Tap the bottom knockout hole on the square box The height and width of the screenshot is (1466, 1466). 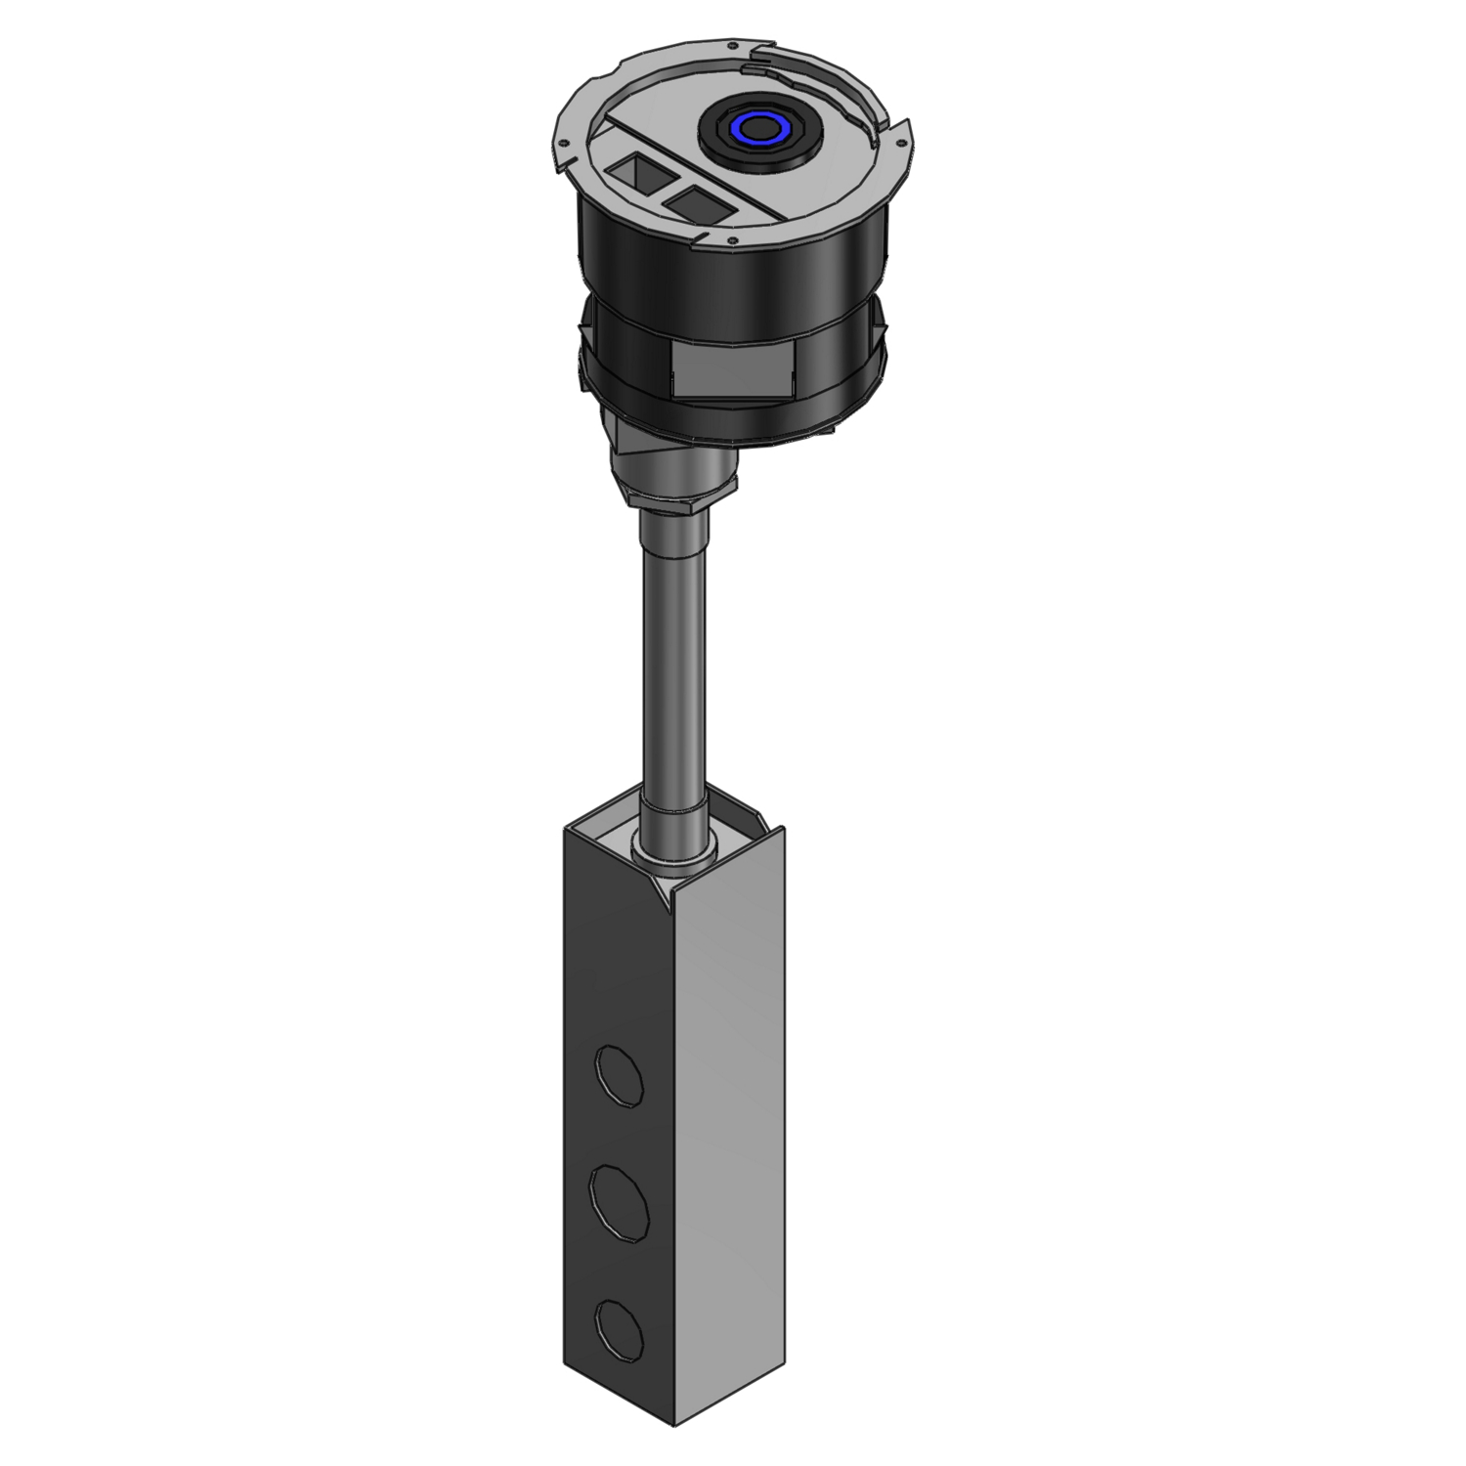[x=621, y=1320]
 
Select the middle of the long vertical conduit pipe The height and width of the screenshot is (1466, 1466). [x=672, y=665]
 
